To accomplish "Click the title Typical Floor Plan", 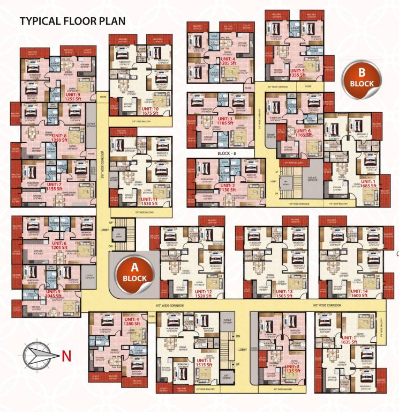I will (x=72, y=21).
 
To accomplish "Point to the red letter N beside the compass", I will (x=66, y=355).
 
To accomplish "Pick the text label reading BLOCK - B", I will (x=228, y=153).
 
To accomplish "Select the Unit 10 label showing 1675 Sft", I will (x=155, y=111).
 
